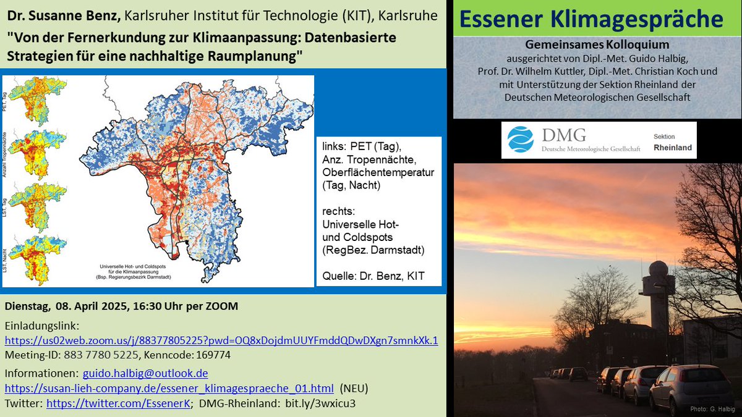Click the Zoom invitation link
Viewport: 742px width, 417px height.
coord(221,340)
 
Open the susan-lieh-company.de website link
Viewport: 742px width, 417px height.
coord(169,388)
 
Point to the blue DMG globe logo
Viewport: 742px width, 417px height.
coord(520,139)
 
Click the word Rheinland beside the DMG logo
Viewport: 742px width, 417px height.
coord(673,148)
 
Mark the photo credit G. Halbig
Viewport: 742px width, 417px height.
coord(714,410)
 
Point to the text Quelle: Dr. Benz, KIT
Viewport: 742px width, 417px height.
coord(373,276)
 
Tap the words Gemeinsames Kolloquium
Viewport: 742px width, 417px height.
coord(597,46)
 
